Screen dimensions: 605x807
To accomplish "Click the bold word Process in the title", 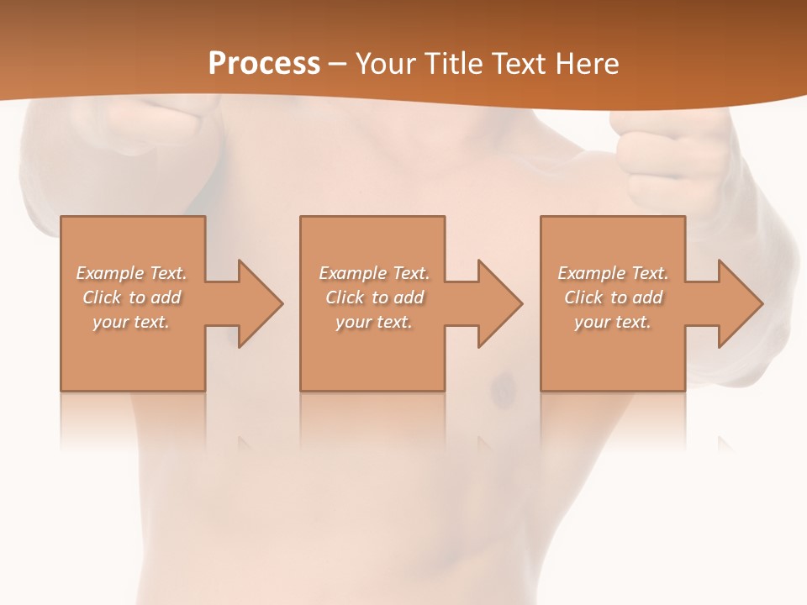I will (x=264, y=64).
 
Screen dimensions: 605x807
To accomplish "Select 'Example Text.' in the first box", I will (x=132, y=273).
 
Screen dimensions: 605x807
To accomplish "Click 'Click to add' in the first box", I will (x=132, y=297).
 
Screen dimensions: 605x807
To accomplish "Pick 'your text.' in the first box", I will (x=132, y=322).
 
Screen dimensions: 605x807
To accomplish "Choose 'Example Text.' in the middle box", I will (x=374, y=273).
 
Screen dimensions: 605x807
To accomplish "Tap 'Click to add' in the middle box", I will (x=374, y=297).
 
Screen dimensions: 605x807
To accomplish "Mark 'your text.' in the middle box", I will (x=374, y=322).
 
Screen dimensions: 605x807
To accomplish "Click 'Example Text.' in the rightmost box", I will (x=613, y=273).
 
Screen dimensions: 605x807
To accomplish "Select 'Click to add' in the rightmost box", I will (x=613, y=297).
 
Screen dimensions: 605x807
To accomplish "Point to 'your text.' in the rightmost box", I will (x=613, y=322).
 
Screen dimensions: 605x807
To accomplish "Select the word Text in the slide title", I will (x=519, y=64).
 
